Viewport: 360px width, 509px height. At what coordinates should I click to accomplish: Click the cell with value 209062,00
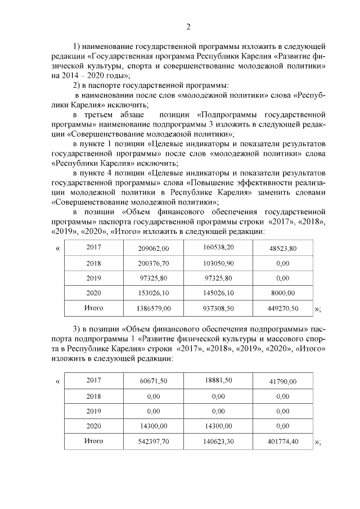click(154, 248)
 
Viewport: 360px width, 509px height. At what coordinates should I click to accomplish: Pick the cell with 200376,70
click(154, 263)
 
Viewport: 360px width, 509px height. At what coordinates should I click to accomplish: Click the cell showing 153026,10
click(154, 293)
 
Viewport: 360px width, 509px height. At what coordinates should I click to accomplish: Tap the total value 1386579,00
click(154, 309)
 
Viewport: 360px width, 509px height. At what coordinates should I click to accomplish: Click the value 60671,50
click(154, 381)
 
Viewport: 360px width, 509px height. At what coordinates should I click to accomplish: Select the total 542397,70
click(154, 442)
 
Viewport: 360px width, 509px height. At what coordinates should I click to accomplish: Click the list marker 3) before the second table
click(78, 329)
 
